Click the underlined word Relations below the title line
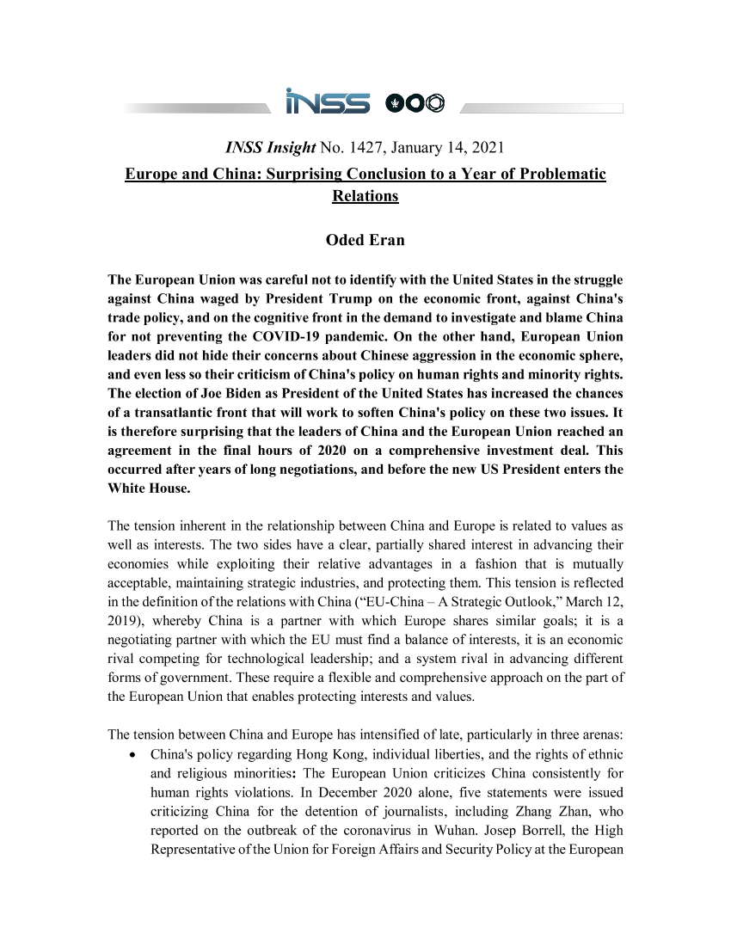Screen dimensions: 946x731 (x=365, y=196)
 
